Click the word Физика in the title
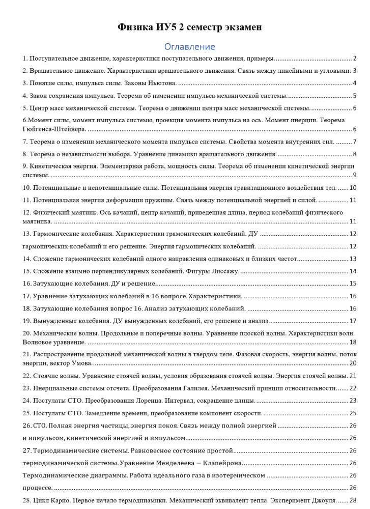pyautogui.click(x=134, y=27)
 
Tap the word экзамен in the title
pyautogui.click(x=241, y=27)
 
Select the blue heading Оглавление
pyautogui.click(x=189, y=47)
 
